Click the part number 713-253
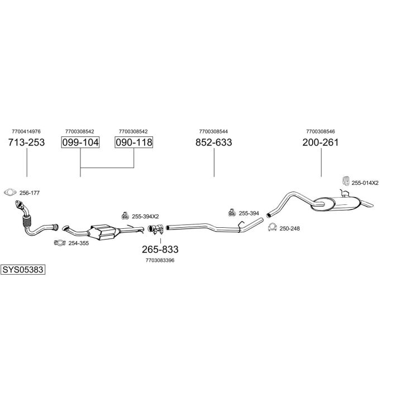click(26, 142)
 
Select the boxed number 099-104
click(80, 142)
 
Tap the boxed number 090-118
click(134, 142)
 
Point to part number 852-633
click(214, 142)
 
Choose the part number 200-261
click(320, 142)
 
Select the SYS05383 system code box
click(23, 269)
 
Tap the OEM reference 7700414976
click(26, 132)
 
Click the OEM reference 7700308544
click(214, 132)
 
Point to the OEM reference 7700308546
click(320, 132)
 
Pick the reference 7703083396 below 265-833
click(160, 260)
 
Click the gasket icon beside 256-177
click(10, 193)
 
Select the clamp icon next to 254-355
click(59, 243)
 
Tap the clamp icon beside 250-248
click(272, 228)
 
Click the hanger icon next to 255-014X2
click(345, 181)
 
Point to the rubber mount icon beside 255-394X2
click(125, 216)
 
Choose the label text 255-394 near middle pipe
click(248, 213)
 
